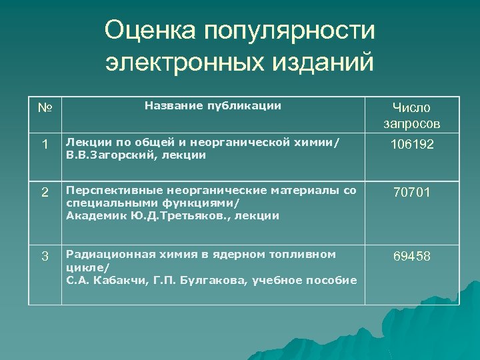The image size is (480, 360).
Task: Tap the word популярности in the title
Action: (x=291, y=30)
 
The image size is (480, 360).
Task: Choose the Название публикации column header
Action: (x=213, y=105)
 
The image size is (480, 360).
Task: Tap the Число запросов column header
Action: (x=411, y=115)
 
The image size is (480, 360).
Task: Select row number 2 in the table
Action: (x=45, y=193)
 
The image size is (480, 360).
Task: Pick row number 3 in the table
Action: (x=45, y=256)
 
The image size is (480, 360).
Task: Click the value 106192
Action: (x=411, y=143)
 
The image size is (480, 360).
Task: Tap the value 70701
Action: (x=411, y=193)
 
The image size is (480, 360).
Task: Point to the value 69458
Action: (x=411, y=257)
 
